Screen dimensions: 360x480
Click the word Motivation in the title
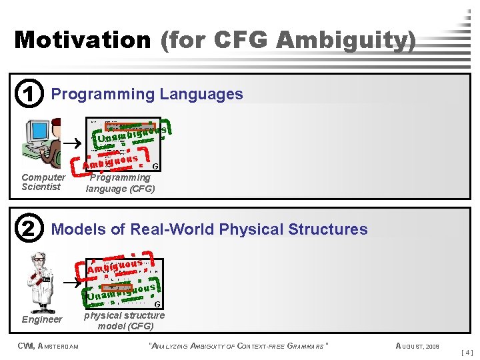point(83,40)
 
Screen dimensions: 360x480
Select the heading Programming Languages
point(147,94)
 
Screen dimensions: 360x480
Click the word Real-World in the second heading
point(168,229)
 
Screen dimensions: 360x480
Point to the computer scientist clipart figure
point(41,143)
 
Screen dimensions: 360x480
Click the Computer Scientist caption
point(43,182)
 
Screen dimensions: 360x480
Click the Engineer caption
point(42,320)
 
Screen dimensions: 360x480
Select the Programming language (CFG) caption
point(121,183)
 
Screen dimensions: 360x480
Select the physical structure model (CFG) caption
point(124,321)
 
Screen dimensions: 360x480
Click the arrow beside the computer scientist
point(75,142)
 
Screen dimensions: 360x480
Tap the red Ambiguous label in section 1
point(111,161)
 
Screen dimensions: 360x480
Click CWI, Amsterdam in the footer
point(48,345)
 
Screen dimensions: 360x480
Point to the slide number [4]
point(467,352)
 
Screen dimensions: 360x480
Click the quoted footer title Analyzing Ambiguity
point(237,345)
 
